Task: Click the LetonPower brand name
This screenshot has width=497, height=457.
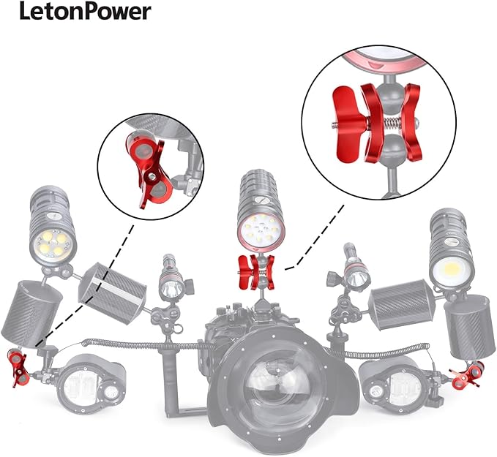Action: click(85, 12)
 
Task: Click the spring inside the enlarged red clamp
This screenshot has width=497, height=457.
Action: click(393, 123)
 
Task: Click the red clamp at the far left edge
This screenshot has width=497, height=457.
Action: click(18, 367)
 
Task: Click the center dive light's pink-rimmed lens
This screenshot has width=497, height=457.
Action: click(261, 233)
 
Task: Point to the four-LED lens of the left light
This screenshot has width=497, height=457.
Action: click(53, 245)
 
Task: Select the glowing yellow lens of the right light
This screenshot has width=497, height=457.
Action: click(450, 270)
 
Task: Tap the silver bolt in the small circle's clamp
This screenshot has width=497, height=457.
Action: click(152, 175)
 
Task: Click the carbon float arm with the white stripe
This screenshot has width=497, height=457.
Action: click(113, 293)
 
